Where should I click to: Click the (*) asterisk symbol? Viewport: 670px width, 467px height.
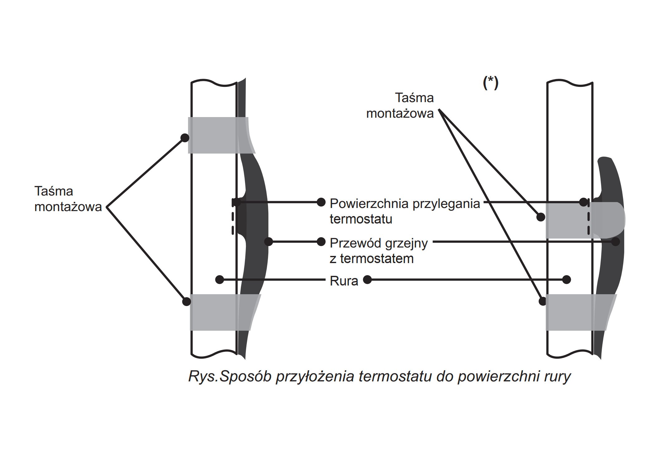pos(491,83)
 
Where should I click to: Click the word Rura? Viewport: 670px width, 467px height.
pos(344,281)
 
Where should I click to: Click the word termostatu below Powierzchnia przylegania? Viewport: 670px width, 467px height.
pos(361,219)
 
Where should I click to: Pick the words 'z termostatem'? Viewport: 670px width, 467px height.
pos(371,259)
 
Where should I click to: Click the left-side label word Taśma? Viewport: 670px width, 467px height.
pos(54,191)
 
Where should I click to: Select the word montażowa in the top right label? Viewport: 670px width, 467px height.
pos(400,113)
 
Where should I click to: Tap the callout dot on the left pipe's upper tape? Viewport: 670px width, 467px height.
pos(185,138)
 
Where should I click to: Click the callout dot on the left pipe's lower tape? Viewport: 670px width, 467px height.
pos(186,301)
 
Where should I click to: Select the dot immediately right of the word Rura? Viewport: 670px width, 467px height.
pos(368,280)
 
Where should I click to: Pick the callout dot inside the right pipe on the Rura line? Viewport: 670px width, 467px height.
pos(567,280)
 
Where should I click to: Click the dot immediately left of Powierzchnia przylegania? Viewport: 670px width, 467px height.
pos(321,202)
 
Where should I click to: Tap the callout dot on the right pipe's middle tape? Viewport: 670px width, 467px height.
pos(541,217)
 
